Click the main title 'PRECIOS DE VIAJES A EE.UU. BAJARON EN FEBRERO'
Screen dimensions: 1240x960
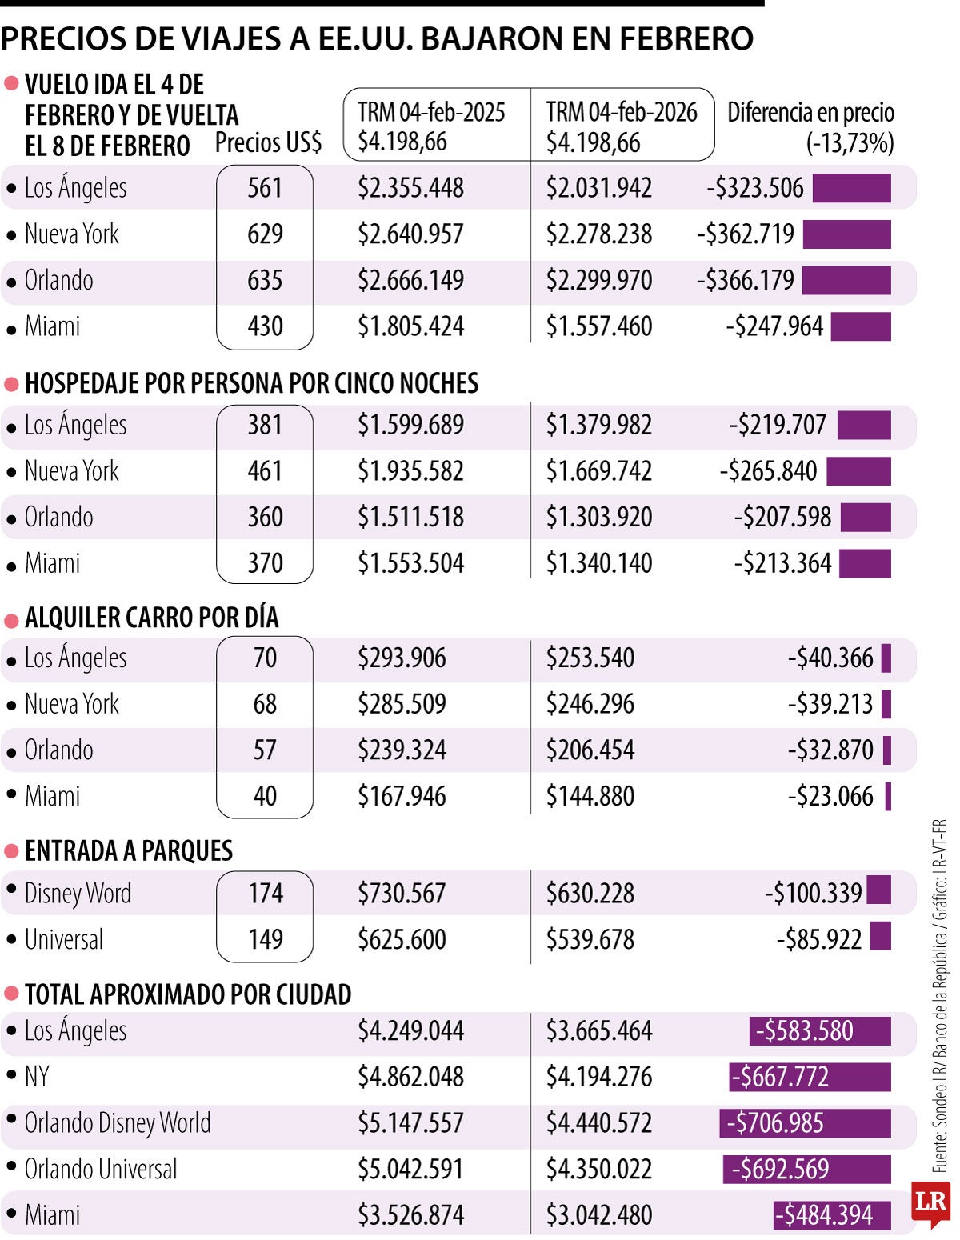[377, 38]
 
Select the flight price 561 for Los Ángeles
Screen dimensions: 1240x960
[265, 188]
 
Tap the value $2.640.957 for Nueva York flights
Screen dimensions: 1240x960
[410, 234]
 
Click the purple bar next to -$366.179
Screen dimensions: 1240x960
[846, 281]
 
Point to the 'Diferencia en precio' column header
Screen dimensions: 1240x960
[810, 113]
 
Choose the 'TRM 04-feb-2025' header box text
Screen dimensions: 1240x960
[431, 113]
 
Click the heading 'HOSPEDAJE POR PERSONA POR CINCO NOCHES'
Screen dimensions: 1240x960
[251, 383]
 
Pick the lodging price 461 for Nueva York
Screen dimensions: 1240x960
[265, 471]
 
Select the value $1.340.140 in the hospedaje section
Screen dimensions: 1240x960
[598, 563]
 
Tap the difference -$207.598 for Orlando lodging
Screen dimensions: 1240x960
[782, 518]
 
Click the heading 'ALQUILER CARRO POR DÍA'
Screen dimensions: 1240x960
[151, 618]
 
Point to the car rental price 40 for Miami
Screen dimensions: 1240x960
[265, 796]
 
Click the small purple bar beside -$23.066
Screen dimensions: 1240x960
[888, 797]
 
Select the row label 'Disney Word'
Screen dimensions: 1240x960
[78, 894]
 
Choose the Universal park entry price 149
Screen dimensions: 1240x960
[265, 939]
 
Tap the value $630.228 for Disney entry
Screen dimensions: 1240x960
[590, 894]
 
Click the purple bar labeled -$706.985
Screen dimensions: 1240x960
[805, 1123]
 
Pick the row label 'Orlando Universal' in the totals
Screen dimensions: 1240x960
[101, 1170]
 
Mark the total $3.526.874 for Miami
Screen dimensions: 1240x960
[410, 1215]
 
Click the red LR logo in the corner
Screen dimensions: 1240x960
[930, 1202]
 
